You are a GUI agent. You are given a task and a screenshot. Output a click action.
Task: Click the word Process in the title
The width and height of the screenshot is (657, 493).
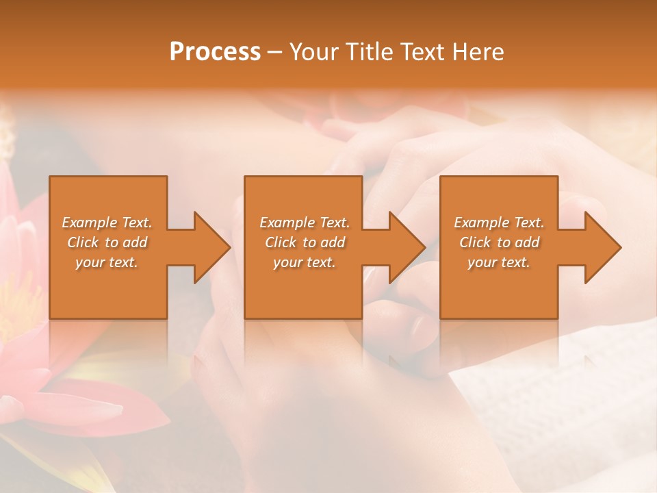click(215, 52)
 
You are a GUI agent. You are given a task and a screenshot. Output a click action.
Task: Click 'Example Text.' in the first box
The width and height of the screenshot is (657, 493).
click(107, 223)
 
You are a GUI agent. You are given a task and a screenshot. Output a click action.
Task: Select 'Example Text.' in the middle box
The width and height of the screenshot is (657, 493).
click(305, 223)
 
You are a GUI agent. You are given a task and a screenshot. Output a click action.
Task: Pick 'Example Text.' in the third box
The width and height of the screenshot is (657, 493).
click(499, 223)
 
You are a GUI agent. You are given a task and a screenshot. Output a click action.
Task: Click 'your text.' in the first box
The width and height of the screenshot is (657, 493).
click(107, 262)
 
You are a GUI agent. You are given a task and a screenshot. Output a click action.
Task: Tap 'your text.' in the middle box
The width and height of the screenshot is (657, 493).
click(305, 262)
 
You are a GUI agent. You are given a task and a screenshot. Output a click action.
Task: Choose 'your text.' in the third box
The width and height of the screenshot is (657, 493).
click(499, 262)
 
